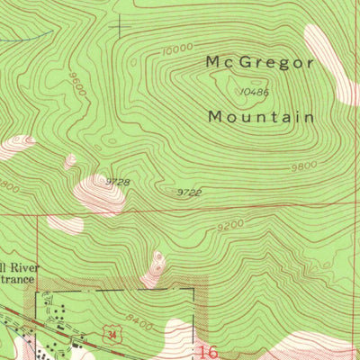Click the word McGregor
tap(260, 62)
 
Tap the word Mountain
tap(261, 117)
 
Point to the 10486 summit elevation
tap(256, 91)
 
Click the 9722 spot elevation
tap(188, 192)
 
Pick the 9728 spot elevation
tap(118, 182)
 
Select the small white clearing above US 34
tap(157, 264)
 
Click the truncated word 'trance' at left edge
tap(16, 281)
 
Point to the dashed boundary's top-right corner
tap(193, 289)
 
